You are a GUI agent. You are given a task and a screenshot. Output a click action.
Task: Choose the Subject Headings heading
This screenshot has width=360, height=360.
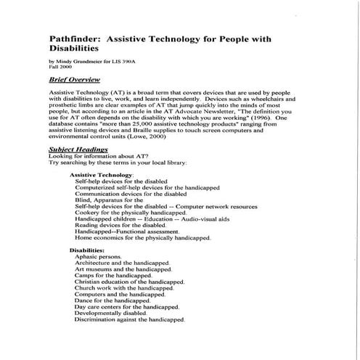pyautogui.click(x=78, y=149)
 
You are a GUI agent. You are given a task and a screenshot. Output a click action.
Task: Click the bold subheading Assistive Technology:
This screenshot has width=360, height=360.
pyautogui.click(x=101, y=175)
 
